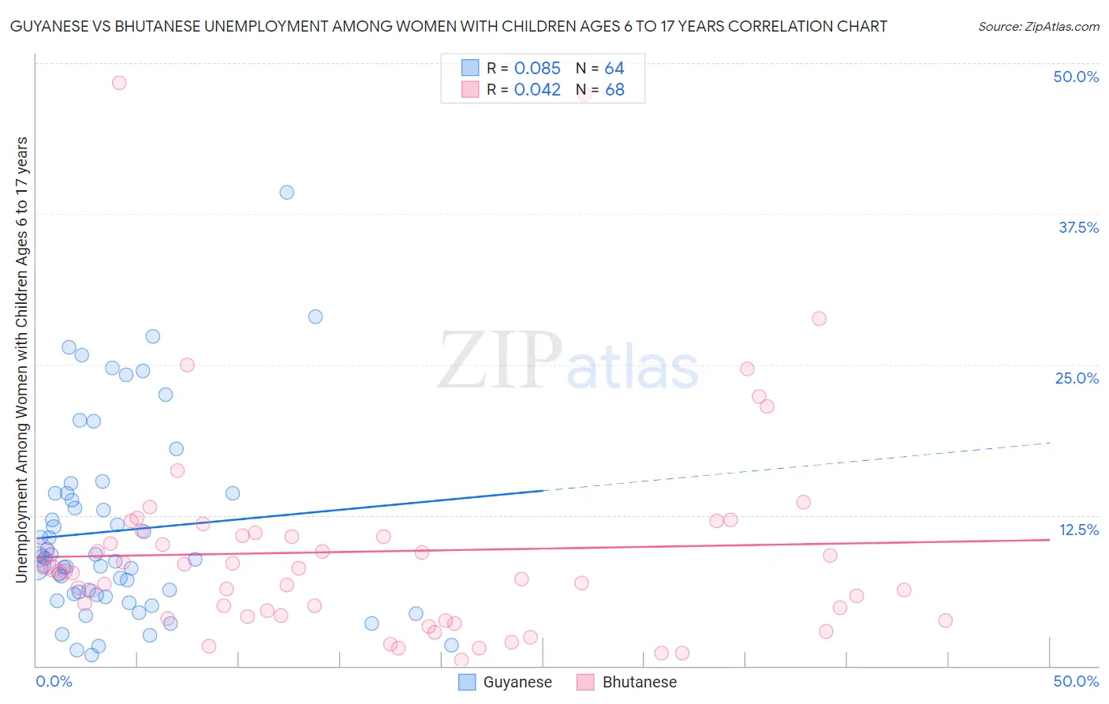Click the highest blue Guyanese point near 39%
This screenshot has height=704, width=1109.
pos(287,193)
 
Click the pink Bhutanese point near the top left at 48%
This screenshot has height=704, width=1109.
pos(119,83)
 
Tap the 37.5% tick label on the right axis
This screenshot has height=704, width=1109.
pos(1078,227)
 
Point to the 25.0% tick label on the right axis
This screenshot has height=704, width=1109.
pos(1077,378)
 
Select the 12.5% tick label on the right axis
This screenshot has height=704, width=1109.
pos(1078,530)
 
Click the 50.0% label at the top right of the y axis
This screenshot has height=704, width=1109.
pos(1076,77)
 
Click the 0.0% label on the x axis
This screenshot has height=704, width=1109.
pos(54,681)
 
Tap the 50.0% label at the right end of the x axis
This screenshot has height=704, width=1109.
pos(1076,681)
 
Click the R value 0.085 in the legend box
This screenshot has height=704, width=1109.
pos(537,69)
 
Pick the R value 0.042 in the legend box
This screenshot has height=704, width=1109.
pos(537,90)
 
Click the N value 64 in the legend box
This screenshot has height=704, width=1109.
pos(614,69)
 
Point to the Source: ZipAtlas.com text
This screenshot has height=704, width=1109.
pos(1038,27)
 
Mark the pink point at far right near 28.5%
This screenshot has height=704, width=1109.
pos(820,319)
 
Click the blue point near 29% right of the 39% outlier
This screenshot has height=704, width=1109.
pos(316,316)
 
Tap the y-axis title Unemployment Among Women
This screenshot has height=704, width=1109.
pos(21,359)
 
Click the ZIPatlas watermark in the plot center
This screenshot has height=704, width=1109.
pos(568,361)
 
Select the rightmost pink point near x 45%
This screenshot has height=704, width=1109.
pos(945,620)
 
